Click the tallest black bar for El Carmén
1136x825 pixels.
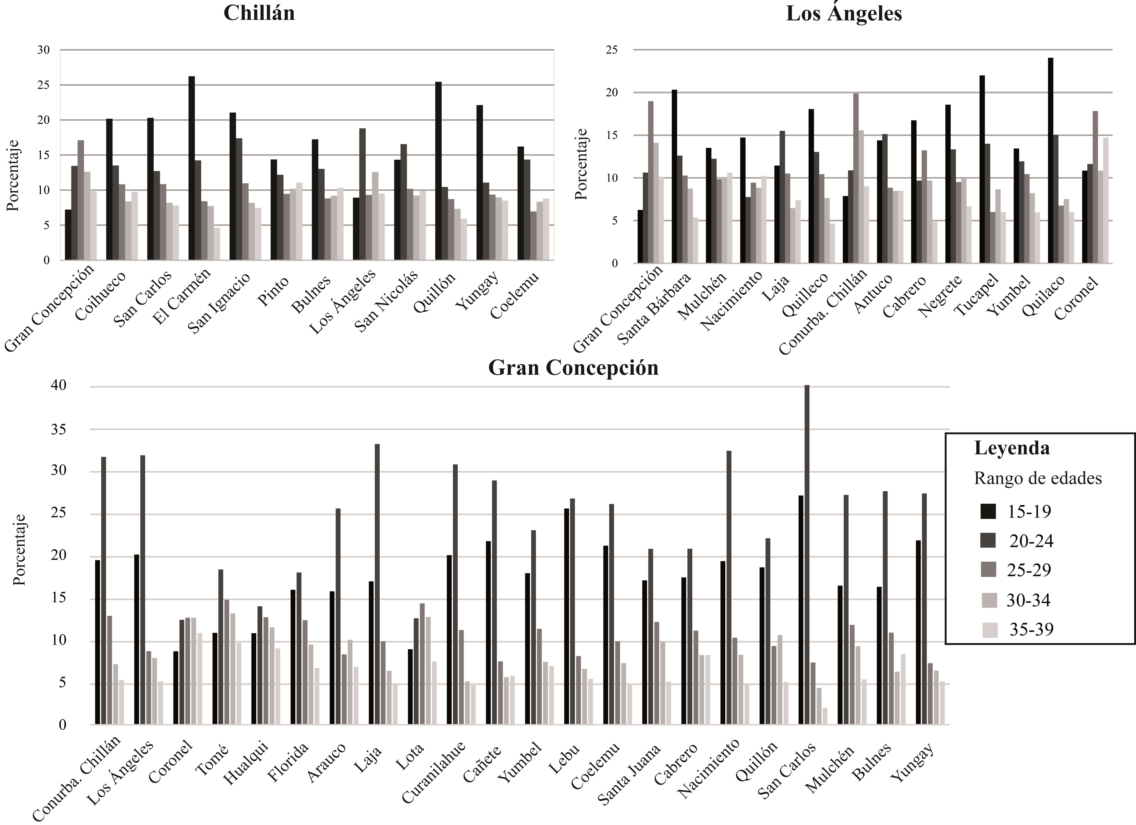[x=191, y=168]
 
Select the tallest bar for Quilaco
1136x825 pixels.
[x=1050, y=160]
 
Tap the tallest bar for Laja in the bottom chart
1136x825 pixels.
[x=377, y=584]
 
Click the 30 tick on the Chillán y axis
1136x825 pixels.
[x=44, y=50]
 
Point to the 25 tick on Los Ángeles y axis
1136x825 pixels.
[x=612, y=50]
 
